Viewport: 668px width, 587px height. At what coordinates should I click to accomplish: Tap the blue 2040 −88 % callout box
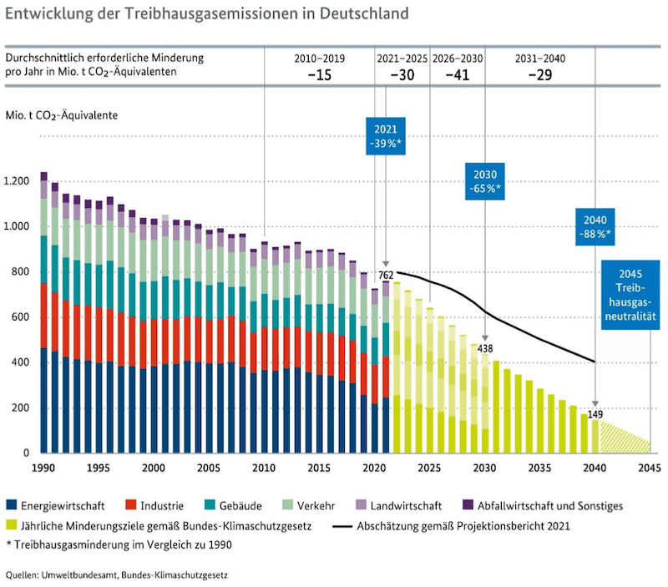pyautogui.click(x=595, y=226)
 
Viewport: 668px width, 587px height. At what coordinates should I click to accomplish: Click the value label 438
pyautogui.click(x=487, y=348)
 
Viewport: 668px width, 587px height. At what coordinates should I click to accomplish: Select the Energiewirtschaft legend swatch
pyautogui.click(x=13, y=505)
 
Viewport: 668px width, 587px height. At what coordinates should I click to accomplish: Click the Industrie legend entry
pyautogui.click(x=154, y=505)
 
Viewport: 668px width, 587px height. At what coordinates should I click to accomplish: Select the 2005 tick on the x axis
pyautogui.click(x=208, y=468)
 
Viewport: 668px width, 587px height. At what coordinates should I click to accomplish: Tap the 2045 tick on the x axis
pyautogui.click(x=650, y=468)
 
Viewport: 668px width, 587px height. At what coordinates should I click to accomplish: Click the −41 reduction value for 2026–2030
pyautogui.click(x=458, y=74)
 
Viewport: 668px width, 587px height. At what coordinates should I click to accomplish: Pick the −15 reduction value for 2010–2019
pyautogui.click(x=319, y=74)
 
